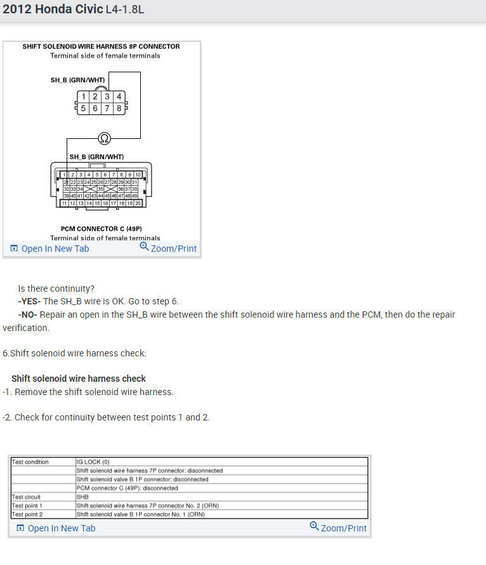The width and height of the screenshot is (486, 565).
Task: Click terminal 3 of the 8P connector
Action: point(107,97)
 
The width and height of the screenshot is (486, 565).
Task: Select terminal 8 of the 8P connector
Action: point(119,108)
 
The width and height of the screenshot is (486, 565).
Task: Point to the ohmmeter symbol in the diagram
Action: point(104,138)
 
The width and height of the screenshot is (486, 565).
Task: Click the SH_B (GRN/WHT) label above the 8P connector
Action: point(77,80)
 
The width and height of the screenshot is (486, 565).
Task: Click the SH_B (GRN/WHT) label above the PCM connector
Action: point(96,157)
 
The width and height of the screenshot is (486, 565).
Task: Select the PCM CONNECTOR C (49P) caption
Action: point(102,228)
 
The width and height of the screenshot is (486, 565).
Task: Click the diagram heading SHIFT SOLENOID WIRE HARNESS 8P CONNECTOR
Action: point(101,46)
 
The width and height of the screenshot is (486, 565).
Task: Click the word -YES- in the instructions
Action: point(29,301)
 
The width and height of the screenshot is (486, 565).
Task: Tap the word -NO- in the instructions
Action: point(28,315)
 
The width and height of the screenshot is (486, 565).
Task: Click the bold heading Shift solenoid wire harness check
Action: point(79,379)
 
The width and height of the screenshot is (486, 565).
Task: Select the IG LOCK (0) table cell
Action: point(93,462)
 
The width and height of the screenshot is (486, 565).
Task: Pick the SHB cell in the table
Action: point(83,497)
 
